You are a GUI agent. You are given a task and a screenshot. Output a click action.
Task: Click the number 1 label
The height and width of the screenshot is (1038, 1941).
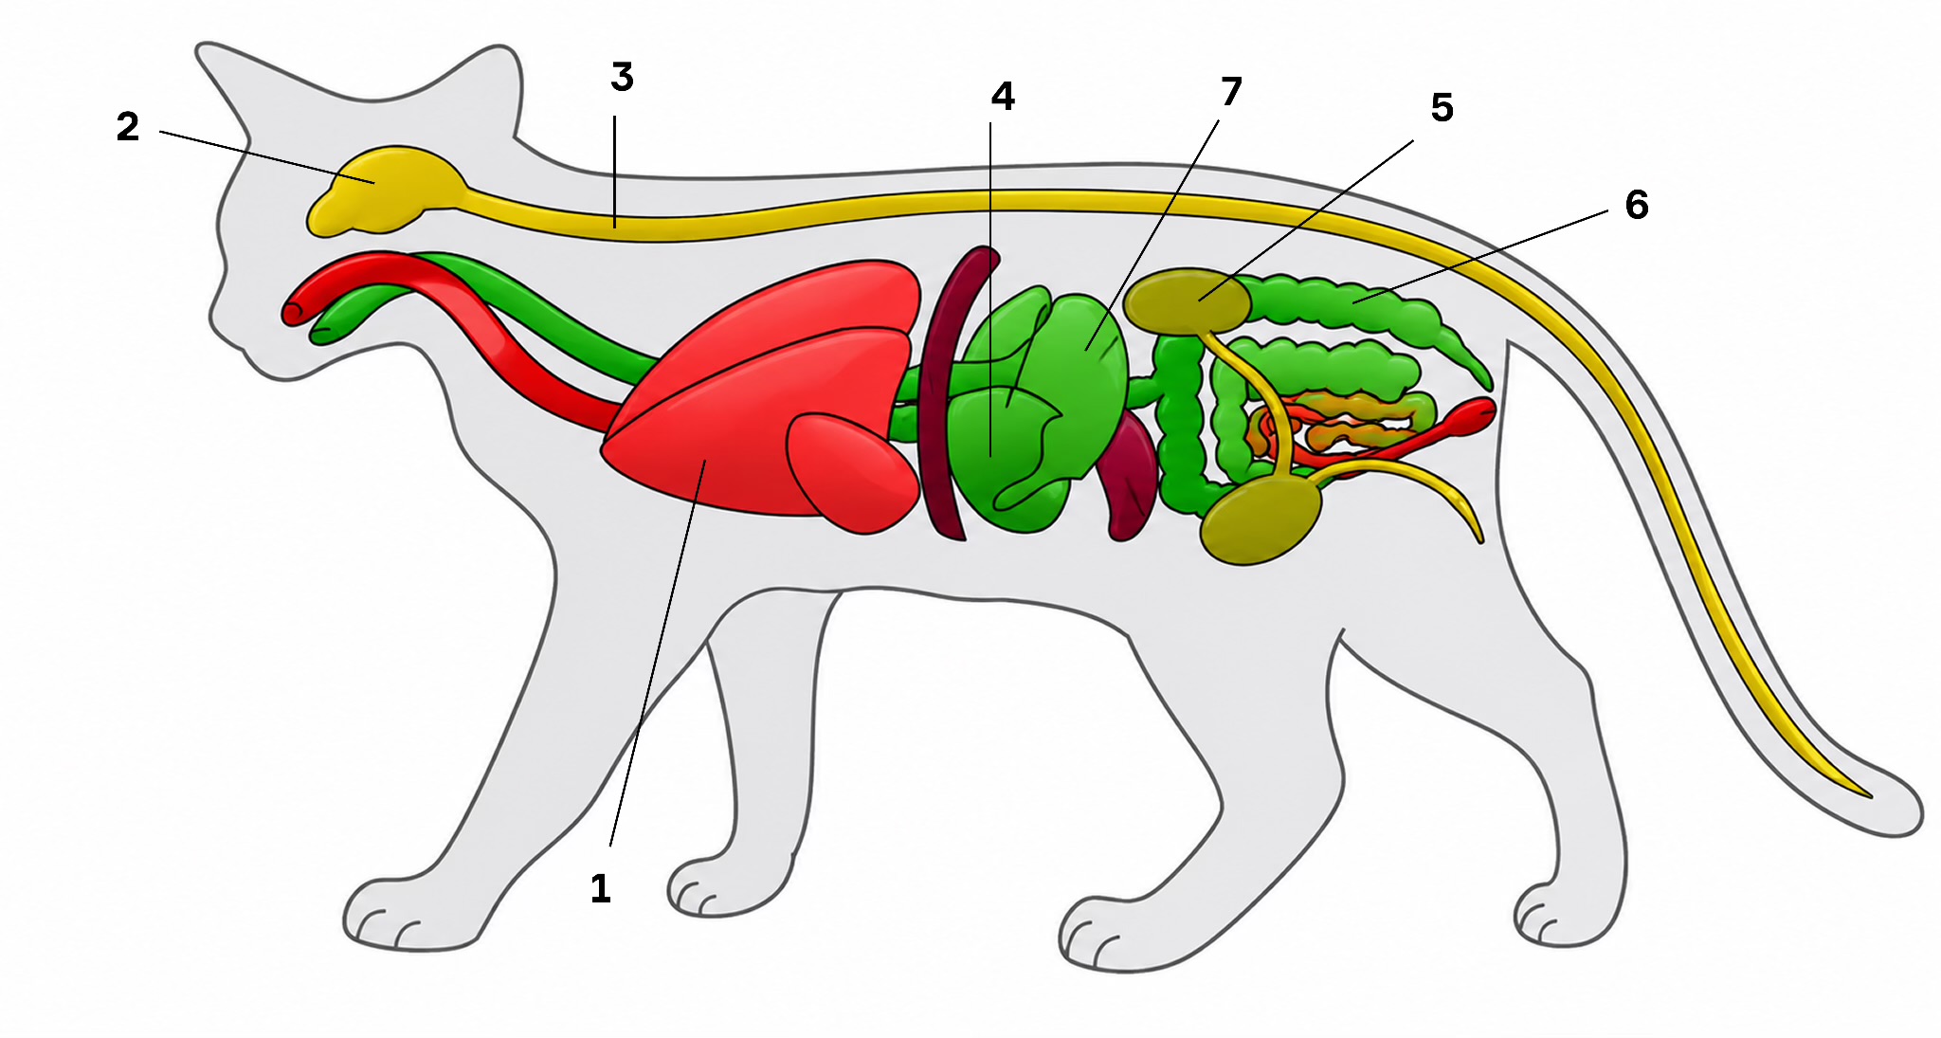[600, 889]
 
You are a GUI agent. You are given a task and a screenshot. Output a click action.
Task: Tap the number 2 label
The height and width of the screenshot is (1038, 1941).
[128, 127]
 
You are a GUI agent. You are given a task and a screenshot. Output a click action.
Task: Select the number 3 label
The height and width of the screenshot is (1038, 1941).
[622, 78]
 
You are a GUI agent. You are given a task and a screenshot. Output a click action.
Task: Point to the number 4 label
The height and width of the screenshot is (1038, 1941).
[1003, 96]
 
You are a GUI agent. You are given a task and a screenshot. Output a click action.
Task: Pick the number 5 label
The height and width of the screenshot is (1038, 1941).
[1442, 108]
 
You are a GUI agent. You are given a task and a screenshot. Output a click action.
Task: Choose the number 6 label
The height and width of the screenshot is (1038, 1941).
[1637, 205]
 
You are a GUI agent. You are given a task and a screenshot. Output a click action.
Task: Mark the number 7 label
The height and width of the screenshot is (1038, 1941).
[1230, 92]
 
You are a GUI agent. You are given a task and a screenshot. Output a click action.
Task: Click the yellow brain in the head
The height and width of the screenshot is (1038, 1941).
[384, 191]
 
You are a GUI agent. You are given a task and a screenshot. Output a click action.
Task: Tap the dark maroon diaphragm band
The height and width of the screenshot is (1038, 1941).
[952, 393]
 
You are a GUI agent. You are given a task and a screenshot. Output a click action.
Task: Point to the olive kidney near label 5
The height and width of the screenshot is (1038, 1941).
[1187, 300]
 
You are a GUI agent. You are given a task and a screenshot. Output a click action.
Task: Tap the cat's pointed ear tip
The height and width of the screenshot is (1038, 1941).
[200, 47]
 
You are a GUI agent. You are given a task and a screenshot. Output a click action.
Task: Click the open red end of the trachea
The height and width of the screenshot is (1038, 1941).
[293, 310]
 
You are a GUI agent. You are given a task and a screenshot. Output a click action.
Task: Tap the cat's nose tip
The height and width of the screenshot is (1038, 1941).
[211, 320]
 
